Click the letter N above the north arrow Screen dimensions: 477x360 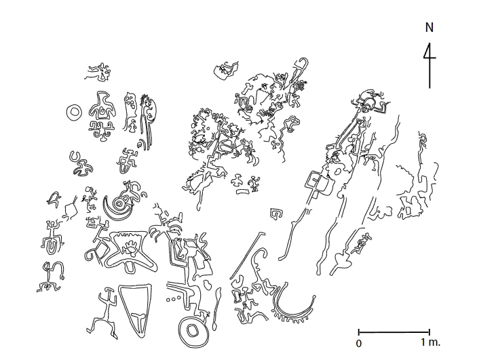[430, 28]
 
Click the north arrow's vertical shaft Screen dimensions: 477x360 [430, 65]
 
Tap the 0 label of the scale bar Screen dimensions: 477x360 [359, 344]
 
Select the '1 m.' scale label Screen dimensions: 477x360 [430, 342]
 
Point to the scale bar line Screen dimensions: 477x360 [394, 332]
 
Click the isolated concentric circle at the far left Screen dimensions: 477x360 [74, 112]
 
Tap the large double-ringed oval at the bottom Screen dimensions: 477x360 [193, 331]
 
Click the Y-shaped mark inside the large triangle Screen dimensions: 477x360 [140, 320]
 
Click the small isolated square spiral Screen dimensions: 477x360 [275, 214]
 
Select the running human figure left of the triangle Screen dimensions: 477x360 [102, 313]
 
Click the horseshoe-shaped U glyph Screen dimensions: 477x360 [75, 157]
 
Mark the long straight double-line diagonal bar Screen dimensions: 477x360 [247, 256]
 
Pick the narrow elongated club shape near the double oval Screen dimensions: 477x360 [216, 308]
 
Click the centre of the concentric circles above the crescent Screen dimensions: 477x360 [119, 203]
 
